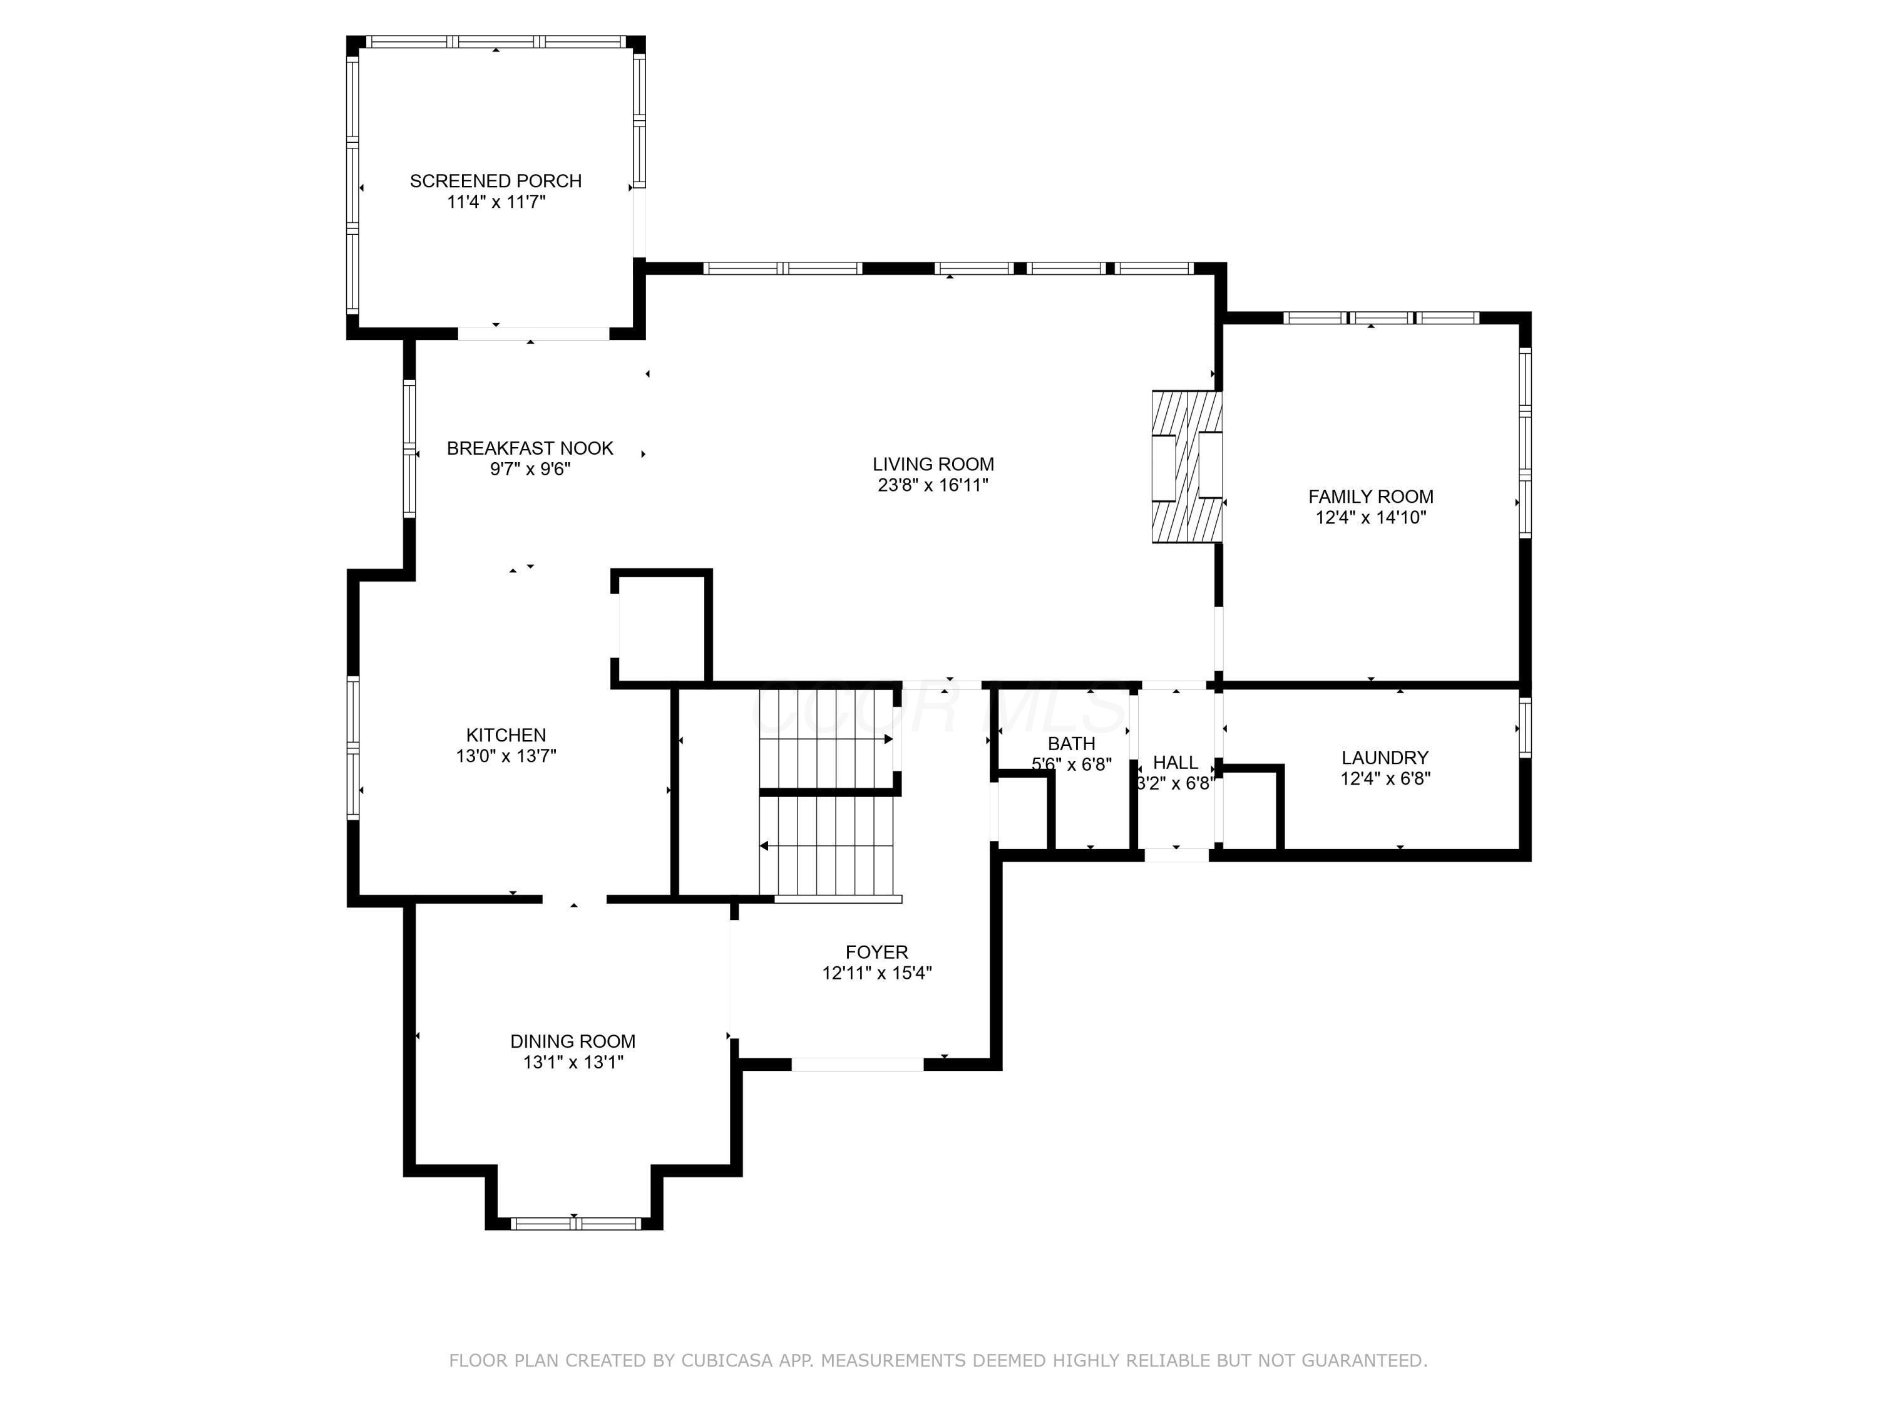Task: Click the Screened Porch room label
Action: click(496, 181)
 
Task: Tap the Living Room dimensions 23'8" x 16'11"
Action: click(933, 485)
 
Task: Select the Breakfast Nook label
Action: click(530, 448)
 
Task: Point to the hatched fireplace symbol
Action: click(1187, 467)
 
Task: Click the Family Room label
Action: click(1370, 497)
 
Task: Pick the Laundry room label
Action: click(1385, 758)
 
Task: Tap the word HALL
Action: click(1175, 763)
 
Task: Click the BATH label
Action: click(1072, 744)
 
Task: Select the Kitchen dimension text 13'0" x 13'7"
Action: click(506, 756)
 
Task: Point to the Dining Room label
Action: click(572, 1041)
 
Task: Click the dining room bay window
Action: click(575, 1223)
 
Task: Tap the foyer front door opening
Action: click(858, 1064)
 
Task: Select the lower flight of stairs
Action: click(827, 846)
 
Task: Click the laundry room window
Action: click(1525, 727)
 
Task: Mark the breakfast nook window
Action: click(409, 448)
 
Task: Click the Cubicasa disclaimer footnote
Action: click(938, 1360)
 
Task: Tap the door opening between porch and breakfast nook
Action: click(533, 334)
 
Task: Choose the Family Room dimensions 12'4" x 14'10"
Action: click(1370, 517)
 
